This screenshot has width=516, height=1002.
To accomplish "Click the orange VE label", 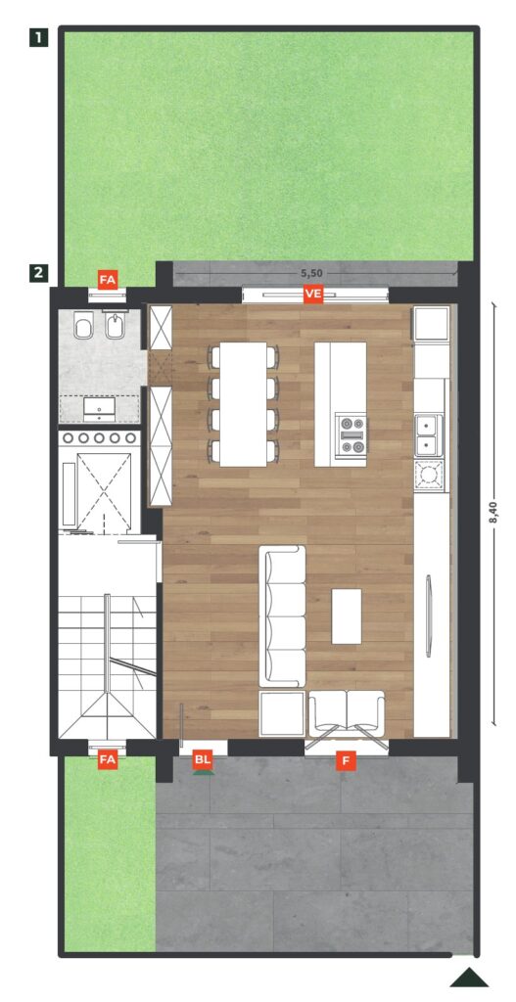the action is point(313,294).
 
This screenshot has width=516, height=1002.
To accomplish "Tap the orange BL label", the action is point(203,759).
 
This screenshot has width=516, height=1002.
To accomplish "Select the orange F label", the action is point(346,760).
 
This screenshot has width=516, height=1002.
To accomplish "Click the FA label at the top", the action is point(108,279).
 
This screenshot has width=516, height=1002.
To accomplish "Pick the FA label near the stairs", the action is point(108,759).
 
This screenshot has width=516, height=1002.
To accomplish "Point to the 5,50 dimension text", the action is point(311,273).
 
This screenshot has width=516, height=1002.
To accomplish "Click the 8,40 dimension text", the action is point(500,514).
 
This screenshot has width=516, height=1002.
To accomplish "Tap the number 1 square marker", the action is point(39,38).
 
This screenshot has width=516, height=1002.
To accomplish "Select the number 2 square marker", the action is point(39,273).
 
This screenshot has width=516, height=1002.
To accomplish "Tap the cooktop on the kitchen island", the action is point(352,434).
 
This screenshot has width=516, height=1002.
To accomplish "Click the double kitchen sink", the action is point(429,434).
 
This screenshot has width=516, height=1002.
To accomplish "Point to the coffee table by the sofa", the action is point(347,616).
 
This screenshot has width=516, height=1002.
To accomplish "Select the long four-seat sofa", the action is point(282,616).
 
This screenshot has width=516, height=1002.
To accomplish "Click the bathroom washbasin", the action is point(100,409).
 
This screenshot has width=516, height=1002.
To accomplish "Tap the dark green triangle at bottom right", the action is point(469,978).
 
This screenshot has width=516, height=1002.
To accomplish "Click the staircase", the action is point(108,664).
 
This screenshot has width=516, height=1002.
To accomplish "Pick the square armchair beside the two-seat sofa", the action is point(282,712).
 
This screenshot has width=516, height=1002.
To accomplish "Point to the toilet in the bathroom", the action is point(84,326).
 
